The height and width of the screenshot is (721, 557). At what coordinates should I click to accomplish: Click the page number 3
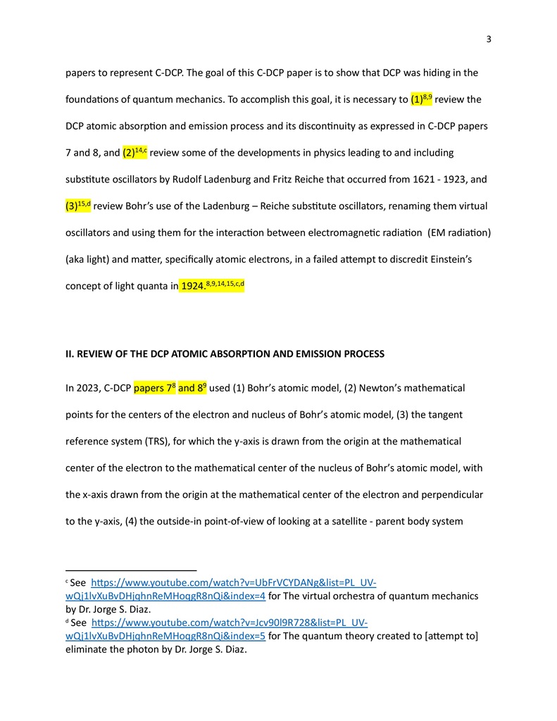pos(489,39)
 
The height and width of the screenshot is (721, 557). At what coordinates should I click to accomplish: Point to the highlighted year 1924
pos(192,286)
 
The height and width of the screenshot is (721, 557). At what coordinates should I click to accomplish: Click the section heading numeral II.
pos(69,353)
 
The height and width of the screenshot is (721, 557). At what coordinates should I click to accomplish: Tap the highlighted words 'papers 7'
pos(154,388)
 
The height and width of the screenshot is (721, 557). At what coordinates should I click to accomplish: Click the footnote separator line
pos(131,570)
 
